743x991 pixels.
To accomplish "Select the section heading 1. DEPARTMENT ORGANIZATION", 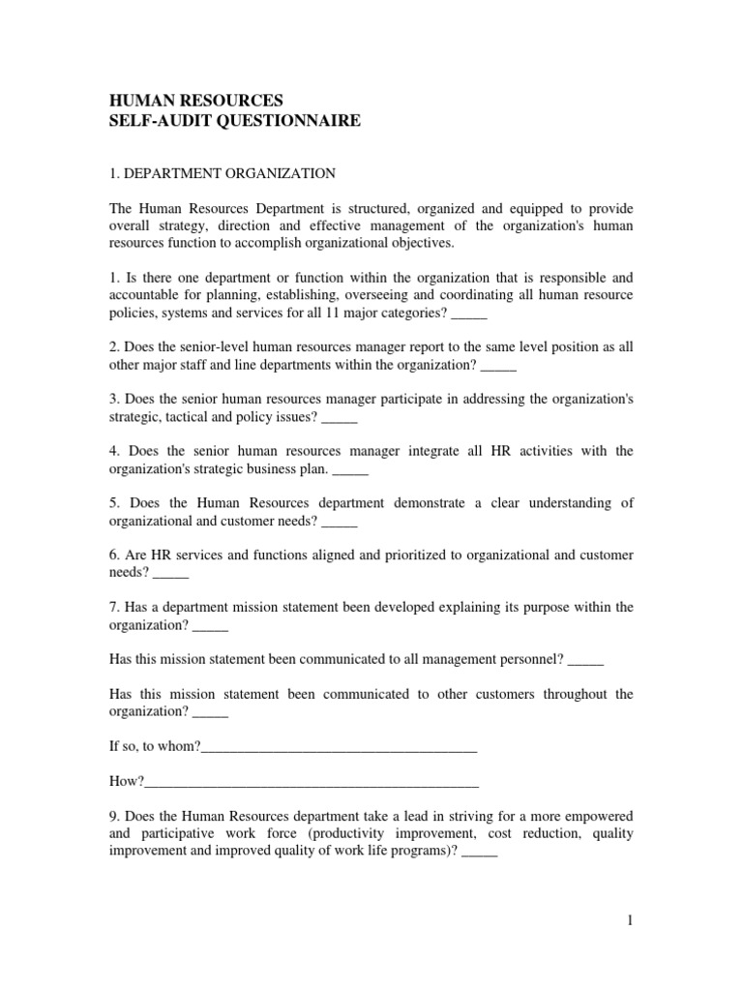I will coord(222,173).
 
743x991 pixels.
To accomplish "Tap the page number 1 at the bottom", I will coord(629,921).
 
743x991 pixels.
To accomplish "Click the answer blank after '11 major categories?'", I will coord(469,315).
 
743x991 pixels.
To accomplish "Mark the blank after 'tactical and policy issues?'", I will coord(340,420).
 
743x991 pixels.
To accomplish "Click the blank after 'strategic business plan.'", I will coord(350,472).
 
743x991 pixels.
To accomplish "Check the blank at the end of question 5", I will coord(340,525).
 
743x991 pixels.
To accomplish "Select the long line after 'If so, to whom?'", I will coord(340,747).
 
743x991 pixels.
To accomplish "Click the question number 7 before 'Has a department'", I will coord(112,608).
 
